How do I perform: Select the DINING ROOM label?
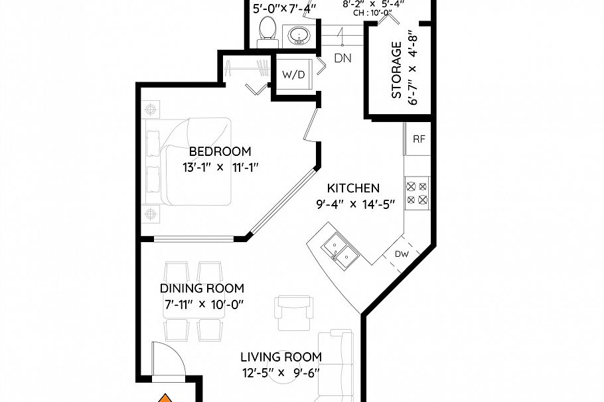[x=202, y=289]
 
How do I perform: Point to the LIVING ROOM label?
[x=281, y=357]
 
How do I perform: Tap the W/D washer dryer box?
[x=294, y=75]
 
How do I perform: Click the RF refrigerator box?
[x=419, y=139]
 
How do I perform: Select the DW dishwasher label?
[x=402, y=253]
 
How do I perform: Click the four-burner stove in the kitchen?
[x=418, y=192]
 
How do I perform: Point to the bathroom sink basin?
[x=298, y=35]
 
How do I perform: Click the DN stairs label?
[x=342, y=58]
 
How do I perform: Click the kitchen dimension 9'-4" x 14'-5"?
[x=356, y=204]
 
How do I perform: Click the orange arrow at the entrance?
[x=165, y=398]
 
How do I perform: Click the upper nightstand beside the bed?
[x=151, y=108]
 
